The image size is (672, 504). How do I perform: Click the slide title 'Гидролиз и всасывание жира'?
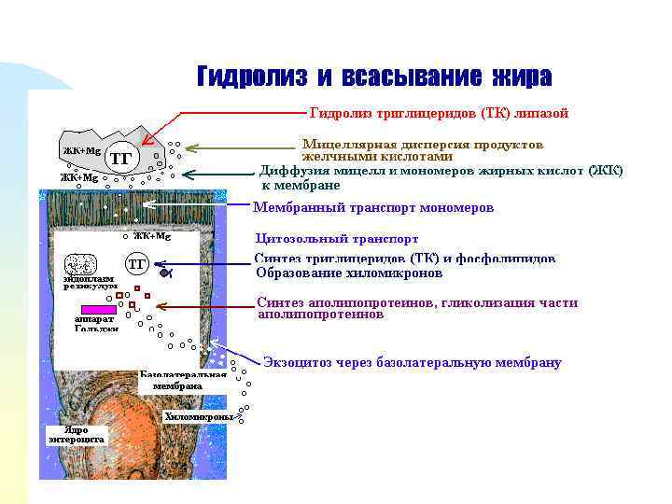[x=373, y=76]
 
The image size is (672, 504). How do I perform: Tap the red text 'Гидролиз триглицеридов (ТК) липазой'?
[x=438, y=113]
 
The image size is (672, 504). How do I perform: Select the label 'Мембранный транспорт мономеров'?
[x=373, y=207]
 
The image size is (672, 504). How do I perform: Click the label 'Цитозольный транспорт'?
[x=337, y=239]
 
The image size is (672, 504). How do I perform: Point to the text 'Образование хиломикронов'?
[x=349, y=273]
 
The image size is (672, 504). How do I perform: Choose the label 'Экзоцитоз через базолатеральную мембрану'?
[x=412, y=362]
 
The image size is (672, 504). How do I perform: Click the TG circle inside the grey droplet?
[x=120, y=158]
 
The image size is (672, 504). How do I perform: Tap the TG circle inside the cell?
[x=136, y=264]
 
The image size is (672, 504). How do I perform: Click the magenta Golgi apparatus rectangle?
[x=98, y=308]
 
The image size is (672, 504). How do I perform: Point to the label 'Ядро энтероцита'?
[x=77, y=435]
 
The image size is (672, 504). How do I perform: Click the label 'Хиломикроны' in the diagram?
[x=199, y=416]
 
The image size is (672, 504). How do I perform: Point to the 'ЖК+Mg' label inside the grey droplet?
[x=81, y=150]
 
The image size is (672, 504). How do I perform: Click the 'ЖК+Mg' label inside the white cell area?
[x=151, y=236]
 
